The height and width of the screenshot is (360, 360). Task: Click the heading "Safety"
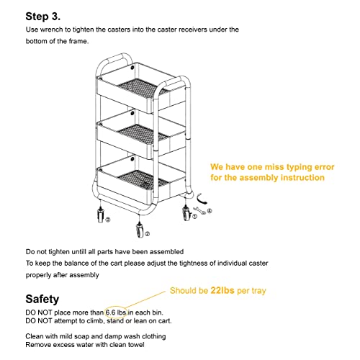coord(42,298)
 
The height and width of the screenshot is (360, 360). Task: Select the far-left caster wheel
coord(98,215)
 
